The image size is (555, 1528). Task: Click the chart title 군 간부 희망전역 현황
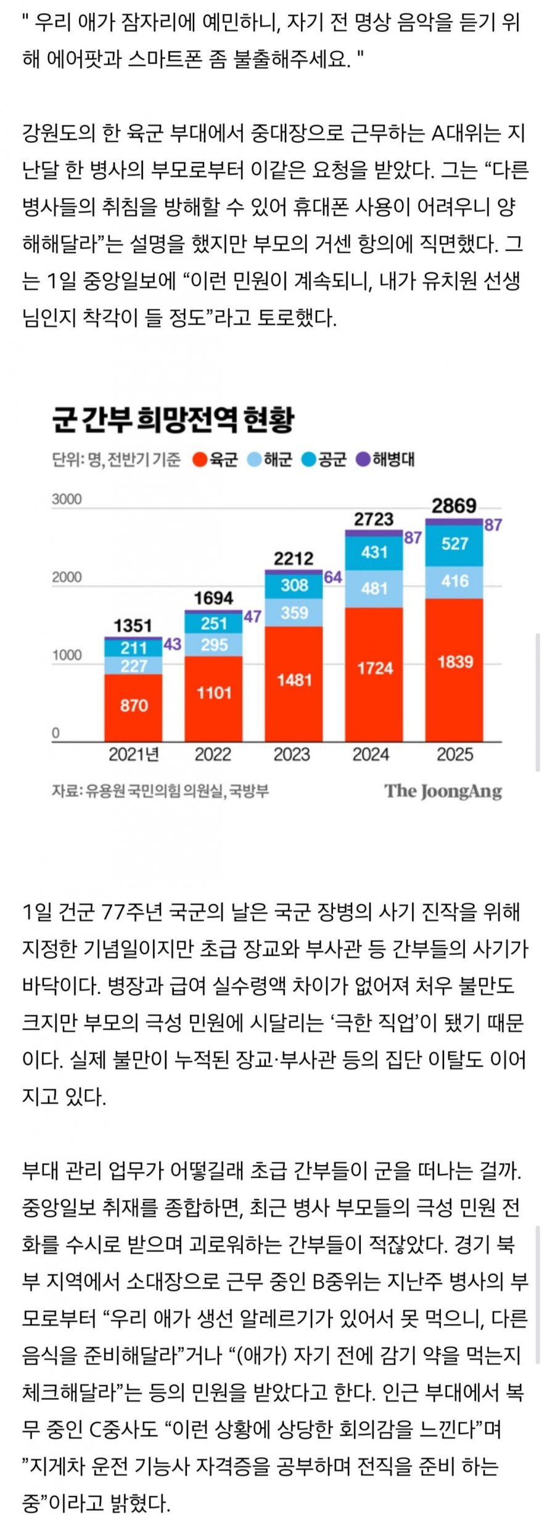[x=173, y=420]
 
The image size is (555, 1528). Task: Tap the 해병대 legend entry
[x=386, y=459]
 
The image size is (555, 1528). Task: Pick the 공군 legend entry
[x=324, y=459]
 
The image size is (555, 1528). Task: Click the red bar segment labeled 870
[x=133, y=706]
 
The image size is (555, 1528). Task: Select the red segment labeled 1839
[x=454, y=663]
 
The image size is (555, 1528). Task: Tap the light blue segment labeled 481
[x=374, y=588]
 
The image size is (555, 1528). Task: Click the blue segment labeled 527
[x=454, y=544]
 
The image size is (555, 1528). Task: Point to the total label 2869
[x=454, y=506]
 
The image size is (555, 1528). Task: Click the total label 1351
[x=133, y=626]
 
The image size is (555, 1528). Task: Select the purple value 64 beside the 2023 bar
[x=332, y=578]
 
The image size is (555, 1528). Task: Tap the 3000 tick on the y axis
[x=67, y=499]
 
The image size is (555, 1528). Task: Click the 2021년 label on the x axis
[x=134, y=754]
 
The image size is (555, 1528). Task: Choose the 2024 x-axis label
[x=371, y=754]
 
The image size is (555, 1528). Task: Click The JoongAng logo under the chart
[x=443, y=791]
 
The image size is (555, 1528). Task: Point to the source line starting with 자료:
[x=160, y=791]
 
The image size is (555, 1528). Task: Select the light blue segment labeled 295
[x=214, y=645]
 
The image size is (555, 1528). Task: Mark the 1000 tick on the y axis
[x=67, y=655]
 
